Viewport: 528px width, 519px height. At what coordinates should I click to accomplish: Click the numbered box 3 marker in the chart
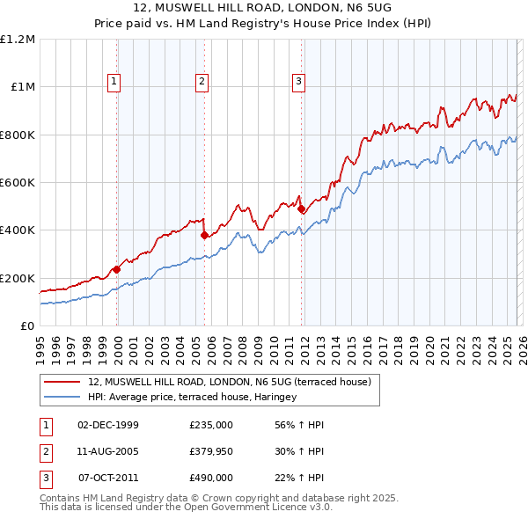click(x=298, y=82)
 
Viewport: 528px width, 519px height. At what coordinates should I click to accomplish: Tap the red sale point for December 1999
click(x=116, y=270)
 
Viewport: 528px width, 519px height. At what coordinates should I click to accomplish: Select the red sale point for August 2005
click(x=204, y=235)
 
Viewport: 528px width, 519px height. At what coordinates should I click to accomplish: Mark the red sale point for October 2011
click(x=300, y=209)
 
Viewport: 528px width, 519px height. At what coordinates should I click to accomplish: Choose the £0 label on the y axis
click(x=27, y=325)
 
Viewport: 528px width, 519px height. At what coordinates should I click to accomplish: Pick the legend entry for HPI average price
click(x=192, y=397)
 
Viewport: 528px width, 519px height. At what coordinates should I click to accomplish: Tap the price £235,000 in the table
click(x=211, y=425)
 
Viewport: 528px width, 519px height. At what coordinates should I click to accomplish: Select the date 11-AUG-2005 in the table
click(x=108, y=451)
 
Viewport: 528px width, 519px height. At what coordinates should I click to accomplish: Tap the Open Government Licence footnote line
click(x=186, y=508)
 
